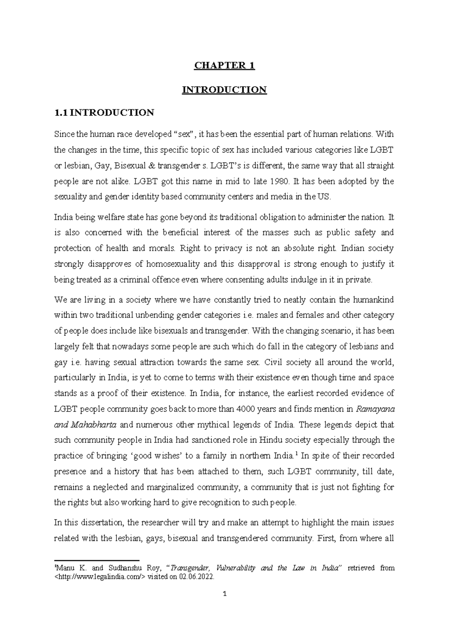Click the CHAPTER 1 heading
point(224,66)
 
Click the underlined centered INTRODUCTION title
point(224,90)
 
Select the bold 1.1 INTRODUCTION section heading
point(104,113)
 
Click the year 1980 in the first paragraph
point(279,182)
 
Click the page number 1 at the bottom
point(224,594)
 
